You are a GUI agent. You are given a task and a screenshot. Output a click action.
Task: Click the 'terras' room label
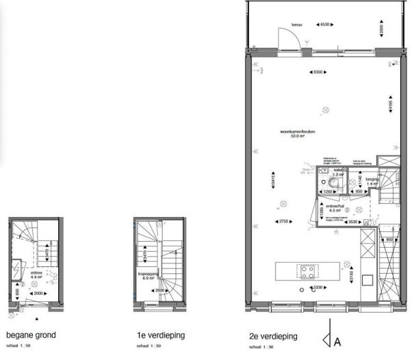tap(296, 25)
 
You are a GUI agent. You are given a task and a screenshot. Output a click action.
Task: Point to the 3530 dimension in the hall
tap(353, 222)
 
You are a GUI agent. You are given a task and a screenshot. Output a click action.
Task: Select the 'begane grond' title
tap(31, 335)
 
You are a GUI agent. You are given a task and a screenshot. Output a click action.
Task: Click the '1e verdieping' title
tap(159, 336)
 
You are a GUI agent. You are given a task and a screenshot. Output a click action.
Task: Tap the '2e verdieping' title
tap(273, 337)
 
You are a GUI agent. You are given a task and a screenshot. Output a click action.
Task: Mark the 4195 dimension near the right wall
tap(391, 107)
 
